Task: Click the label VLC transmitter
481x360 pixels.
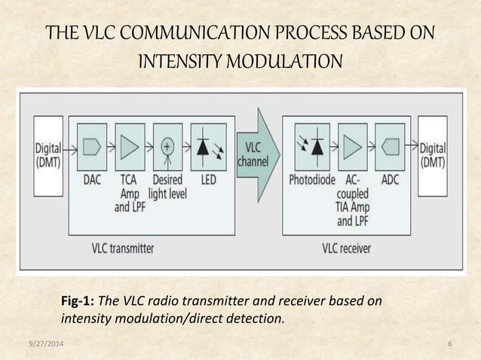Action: tap(124, 246)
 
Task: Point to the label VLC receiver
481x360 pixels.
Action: tap(351, 246)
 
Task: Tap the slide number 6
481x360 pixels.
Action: tap(449, 344)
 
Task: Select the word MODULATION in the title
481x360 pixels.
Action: tap(290, 59)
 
